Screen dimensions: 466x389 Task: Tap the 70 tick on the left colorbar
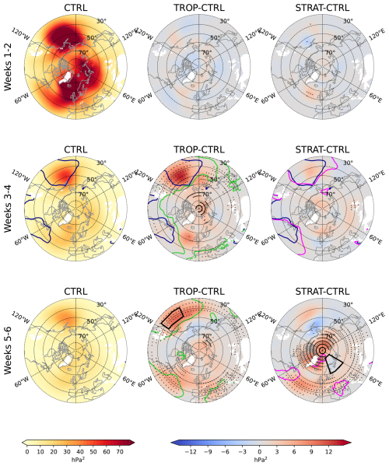coord(121,451)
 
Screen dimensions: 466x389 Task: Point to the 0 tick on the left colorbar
coord(27,451)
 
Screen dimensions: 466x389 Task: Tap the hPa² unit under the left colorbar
coord(75,460)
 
